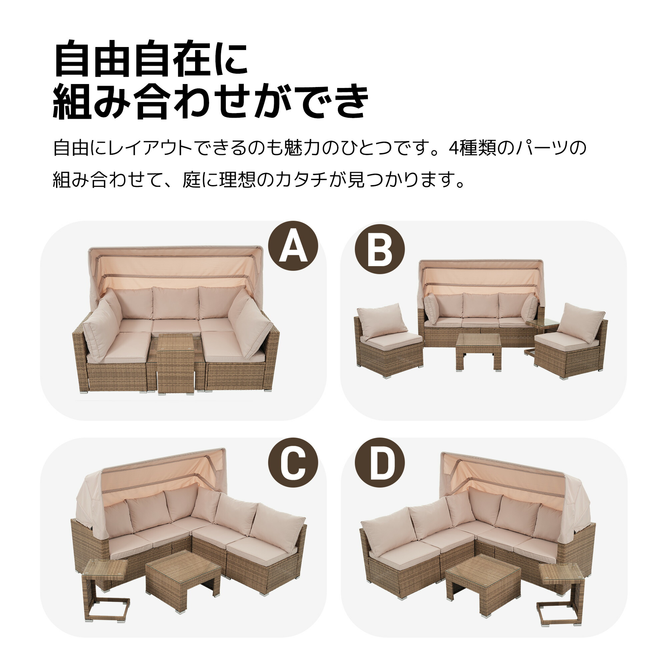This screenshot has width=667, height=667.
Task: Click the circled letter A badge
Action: [x=293, y=246]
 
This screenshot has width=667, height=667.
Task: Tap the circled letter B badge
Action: [x=380, y=249]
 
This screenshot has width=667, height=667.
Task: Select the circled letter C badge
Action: [x=293, y=463]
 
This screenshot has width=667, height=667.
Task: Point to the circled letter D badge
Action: [x=380, y=463]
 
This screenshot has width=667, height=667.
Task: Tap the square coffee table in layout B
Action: [x=478, y=352]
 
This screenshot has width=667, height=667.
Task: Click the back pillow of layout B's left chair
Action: [x=382, y=321]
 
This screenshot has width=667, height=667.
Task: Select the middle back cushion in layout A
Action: [x=176, y=303]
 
